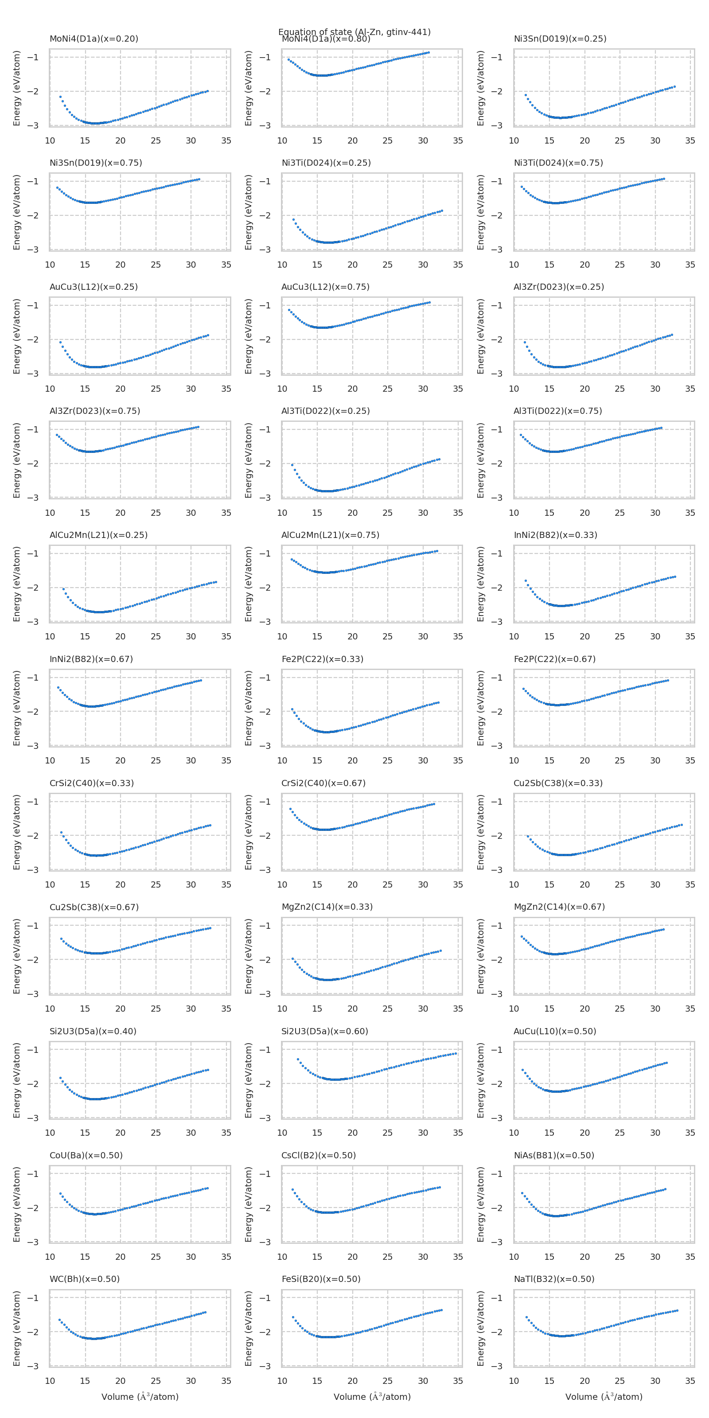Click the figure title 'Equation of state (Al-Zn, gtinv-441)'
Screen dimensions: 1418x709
pyautogui.click(x=354, y=32)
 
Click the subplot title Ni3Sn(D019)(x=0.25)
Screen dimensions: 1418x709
pyautogui.click(x=560, y=39)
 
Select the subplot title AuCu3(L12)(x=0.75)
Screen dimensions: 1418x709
pyautogui.click(x=325, y=287)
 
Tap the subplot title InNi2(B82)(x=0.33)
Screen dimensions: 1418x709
pyautogui.click(x=555, y=535)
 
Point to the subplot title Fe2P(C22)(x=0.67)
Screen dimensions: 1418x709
pyautogui.click(x=554, y=659)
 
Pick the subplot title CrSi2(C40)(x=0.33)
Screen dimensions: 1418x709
pyautogui.click(x=91, y=783)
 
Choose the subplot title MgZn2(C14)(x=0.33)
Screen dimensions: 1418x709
pyautogui.click(x=327, y=907)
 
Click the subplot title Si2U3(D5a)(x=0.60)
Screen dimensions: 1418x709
pyautogui.click(x=325, y=1031)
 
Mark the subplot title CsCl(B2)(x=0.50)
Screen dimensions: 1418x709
pyautogui.click(x=319, y=1155)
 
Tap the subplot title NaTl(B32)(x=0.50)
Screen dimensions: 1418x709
pyautogui.click(x=554, y=1279)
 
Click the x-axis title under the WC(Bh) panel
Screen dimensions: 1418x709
pyautogui.click(x=140, y=1397)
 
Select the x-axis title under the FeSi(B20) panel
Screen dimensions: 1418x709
pyautogui.click(x=372, y=1397)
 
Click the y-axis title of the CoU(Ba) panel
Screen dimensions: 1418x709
pyautogui.click(x=16, y=1204)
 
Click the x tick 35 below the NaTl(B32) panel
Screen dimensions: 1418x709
pyautogui.click(x=690, y=1381)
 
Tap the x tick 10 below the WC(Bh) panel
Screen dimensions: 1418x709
pyautogui.click(x=50, y=1381)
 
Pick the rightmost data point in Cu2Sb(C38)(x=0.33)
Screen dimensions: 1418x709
pyautogui.click(x=682, y=825)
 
